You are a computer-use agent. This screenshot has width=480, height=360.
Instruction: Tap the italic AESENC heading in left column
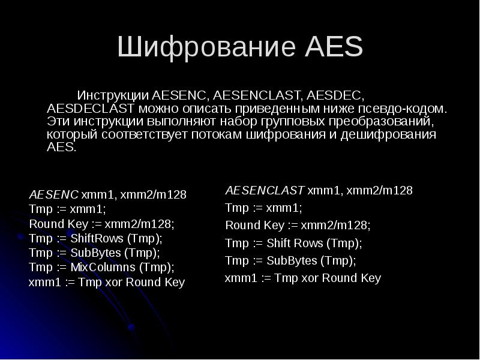coord(53,195)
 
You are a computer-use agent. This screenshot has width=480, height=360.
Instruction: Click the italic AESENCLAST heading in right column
coord(265,191)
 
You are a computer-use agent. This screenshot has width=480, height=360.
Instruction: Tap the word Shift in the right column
coord(278,244)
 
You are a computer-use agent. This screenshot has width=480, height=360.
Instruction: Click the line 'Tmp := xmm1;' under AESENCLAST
coord(263,208)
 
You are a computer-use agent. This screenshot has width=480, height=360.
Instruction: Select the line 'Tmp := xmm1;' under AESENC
coord(67,209)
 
